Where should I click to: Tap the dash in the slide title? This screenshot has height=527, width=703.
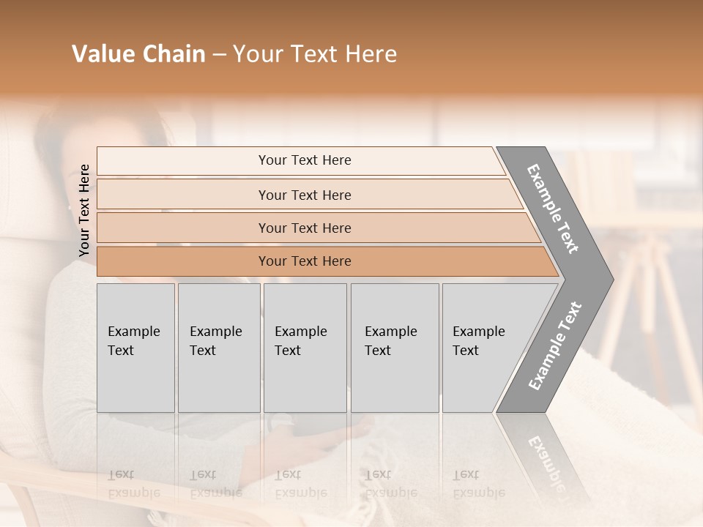coord(219,55)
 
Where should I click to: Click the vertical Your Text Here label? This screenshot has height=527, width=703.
coord(84,211)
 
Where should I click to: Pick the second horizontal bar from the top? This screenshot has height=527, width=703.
coord(305,195)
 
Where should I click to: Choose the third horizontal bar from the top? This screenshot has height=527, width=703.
coord(305,228)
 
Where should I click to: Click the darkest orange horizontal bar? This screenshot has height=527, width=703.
coord(305,261)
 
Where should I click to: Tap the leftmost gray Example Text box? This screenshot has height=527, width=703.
coord(135,348)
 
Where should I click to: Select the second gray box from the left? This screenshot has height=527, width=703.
coord(218,348)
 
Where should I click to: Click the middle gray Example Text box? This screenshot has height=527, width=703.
coord(304,348)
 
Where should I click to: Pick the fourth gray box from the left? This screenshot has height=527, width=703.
coord(394,348)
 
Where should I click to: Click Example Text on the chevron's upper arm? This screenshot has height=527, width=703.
coord(554,209)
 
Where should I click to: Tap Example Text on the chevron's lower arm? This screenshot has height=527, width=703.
coord(555,346)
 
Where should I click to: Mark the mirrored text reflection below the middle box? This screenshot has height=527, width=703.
coord(300,484)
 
